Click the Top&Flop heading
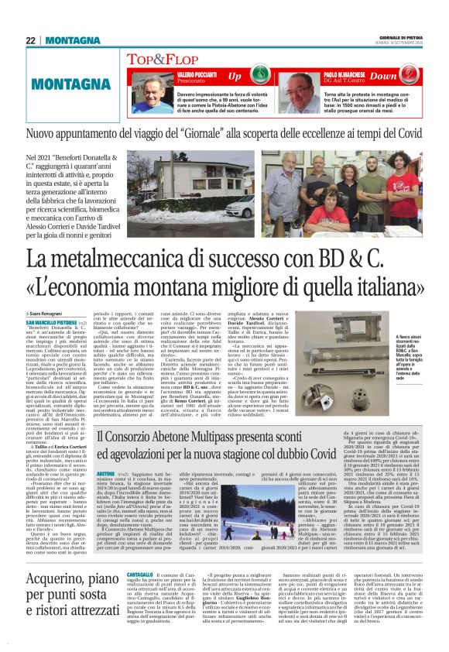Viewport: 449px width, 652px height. [171, 59]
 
